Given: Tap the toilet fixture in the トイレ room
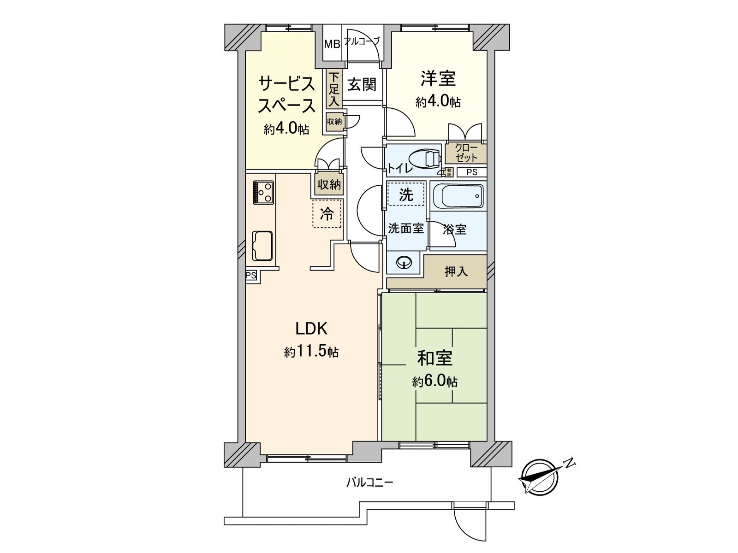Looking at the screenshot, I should pos(427,159).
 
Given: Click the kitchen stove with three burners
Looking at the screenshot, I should pos(263,192).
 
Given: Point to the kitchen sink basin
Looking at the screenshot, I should pos(262,246).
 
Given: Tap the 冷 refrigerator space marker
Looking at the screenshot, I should pos(327,213).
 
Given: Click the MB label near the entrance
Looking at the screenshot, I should pos(332,44).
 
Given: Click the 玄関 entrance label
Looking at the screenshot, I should pos(362,85).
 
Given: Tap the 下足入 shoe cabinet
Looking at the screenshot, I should pos(333,89).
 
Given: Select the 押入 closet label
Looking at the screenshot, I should pos(456,271).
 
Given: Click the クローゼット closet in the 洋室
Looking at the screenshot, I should pos(466,153).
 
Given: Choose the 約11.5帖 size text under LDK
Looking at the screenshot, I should pos(311,353).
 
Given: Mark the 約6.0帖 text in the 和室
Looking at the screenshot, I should pos(435,382).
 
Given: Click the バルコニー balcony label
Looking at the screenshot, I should pos(369,483).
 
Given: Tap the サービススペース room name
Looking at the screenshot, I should pos(286,95).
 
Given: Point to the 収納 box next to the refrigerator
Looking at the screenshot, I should pos(329,184).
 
